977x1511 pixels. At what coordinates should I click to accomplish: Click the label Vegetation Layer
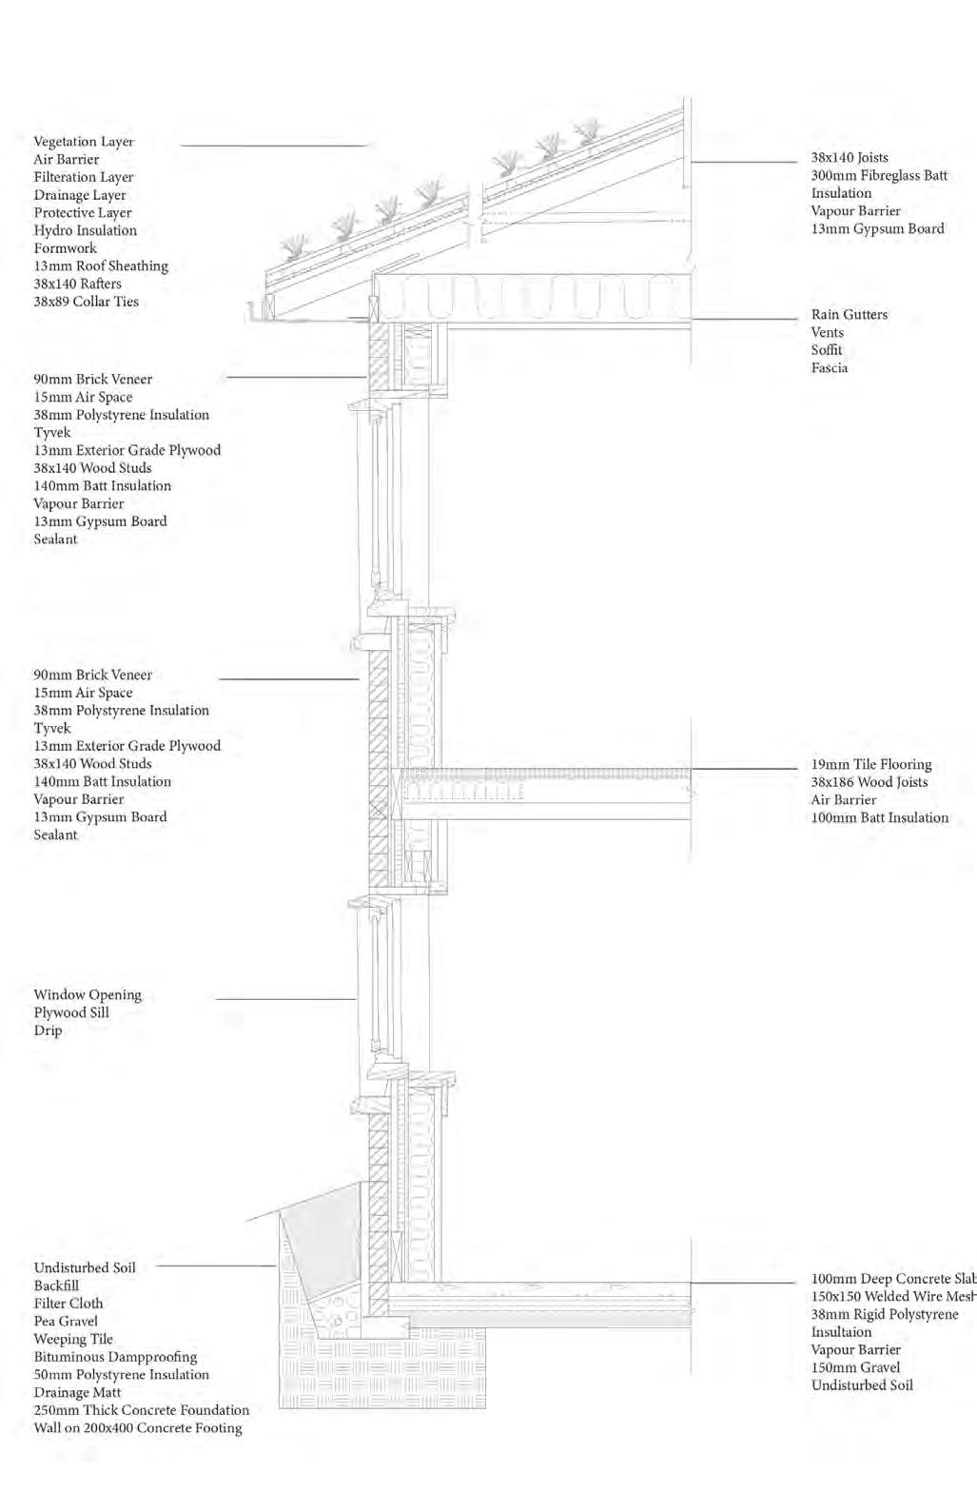[x=84, y=142]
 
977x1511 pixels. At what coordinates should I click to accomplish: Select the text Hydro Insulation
[x=86, y=230]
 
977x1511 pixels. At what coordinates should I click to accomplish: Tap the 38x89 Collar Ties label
[x=86, y=302]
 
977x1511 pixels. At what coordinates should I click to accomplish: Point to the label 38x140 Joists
[x=850, y=157]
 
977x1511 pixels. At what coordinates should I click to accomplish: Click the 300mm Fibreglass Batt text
[x=879, y=175]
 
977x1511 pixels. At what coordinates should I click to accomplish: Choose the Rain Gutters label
[x=850, y=314]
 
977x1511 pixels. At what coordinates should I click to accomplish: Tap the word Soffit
[x=827, y=350]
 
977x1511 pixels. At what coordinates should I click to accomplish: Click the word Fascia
[x=830, y=368]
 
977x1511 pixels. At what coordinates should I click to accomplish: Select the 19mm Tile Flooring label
[x=871, y=764]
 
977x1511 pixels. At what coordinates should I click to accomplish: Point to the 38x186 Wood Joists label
[x=870, y=782]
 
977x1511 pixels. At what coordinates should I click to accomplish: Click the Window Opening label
[x=88, y=994]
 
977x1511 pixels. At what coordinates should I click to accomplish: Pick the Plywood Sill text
[x=71, y=1012]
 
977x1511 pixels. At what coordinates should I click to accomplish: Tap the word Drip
[x=48, y=1030]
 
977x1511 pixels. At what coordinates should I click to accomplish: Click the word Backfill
[x=56, y=1285]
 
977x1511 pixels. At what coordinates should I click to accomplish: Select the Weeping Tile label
[x=73, y=1339]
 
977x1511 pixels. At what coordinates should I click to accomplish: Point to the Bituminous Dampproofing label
[x=115, y=1357]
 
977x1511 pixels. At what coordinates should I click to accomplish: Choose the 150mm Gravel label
[x=855, y=1367]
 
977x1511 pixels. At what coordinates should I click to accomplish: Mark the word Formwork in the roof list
[x=66, y=248]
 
